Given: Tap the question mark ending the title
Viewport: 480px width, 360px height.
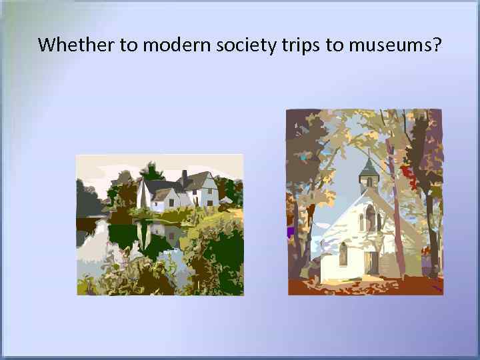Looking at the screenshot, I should click(x=438, y=45).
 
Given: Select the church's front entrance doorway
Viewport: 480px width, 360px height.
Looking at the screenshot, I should click(x=372, y=261).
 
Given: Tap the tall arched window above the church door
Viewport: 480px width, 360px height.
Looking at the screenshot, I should click(x=371, y=217).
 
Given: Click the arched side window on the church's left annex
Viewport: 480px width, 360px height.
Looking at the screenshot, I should click(x=343, y=254).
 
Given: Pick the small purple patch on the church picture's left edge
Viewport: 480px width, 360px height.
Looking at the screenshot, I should click(x=290, y=233).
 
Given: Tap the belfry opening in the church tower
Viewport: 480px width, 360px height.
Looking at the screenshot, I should click(x=369, y=181).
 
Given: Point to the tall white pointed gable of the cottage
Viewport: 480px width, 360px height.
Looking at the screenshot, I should click(x=143, y=195).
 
